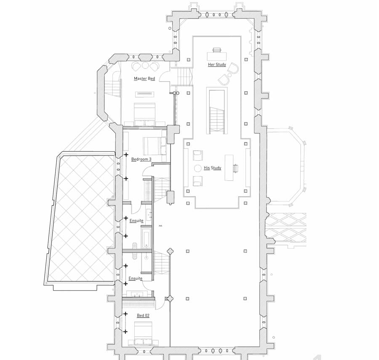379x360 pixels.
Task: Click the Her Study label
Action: pyautogui.click(x=217, y=64)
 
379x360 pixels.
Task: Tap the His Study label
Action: pyautogui.click(x=213, y=167)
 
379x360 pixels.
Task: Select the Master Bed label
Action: pyautogui.click(x=144, y=79)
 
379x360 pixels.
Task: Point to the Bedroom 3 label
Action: pyautogui.click(x=141, y=159)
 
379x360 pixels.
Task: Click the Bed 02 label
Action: pyautogui.click(x=143, y=315)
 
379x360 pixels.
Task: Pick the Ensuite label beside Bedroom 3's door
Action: pyautogui.click(x=136, y=220)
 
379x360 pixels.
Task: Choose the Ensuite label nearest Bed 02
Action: pyautogui.click(x=135, y=278)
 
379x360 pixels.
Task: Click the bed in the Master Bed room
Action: pyautogui.click(x=144, y=114)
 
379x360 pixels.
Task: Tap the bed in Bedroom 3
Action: pyautogui.click(x=155, y=146)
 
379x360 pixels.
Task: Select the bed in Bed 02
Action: pyautogui.click(x=143, y=333)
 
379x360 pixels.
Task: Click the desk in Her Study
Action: pyautogui.click(x=217, y=56)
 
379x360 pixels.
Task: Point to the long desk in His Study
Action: pyautogui.click(x=229, y=168)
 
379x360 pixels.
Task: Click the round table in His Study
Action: pyautogui.click(x=198, y=168)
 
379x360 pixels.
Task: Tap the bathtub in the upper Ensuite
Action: pyautogui.click(x=146, y=239)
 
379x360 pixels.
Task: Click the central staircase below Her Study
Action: pyautogui.click(x=217, y=111)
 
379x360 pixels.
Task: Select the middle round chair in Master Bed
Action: pyautogui.click(x=145, y=66)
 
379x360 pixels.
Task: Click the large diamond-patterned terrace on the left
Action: pyautogui.click(x=81, y=217)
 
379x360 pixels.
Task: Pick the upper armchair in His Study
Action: pyautogui.click(x=198, y=155)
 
